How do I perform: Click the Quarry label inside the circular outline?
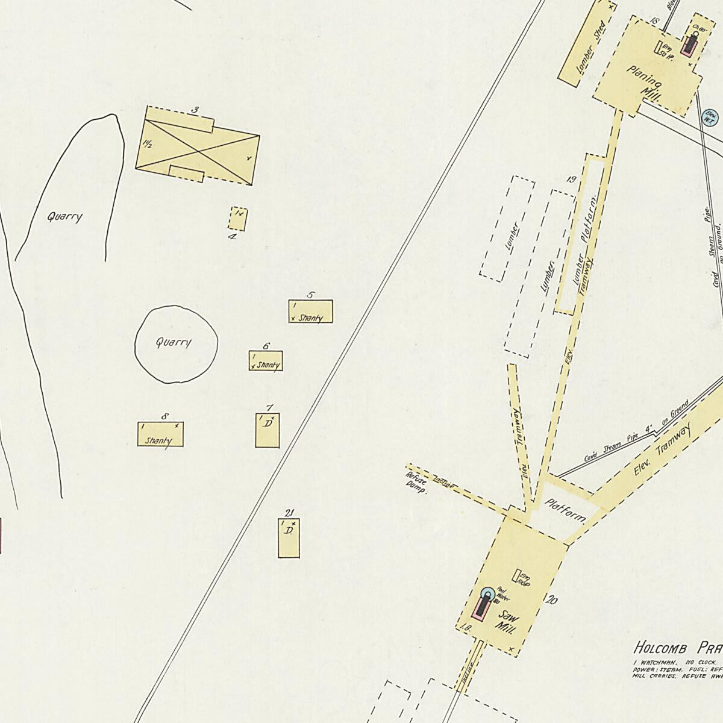pos(174,343)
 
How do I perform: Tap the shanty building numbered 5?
pos(310,311)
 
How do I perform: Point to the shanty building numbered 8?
pos(160,434)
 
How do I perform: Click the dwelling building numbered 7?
pos(267,430)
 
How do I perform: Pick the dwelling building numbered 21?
pos(289,537)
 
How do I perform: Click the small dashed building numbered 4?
pos(237,219)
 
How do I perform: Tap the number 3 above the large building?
pos(195,110)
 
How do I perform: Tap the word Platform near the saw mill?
pos(566,509)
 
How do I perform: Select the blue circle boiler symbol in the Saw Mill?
pos(486,594)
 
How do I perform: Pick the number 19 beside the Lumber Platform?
pos(572,180)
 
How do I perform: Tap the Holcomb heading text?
pos(662,648)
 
